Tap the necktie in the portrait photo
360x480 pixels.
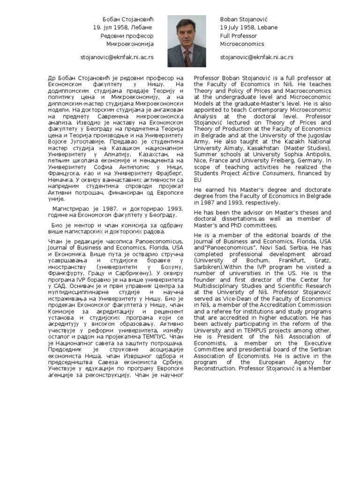(x=187, y=58)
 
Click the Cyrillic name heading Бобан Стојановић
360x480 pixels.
(x=128, y=19)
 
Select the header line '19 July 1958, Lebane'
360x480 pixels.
(x=248, y=28)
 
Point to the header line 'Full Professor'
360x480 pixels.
(x=238, y=36)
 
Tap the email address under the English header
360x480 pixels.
(x=256, y=57)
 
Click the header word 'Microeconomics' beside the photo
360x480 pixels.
(x=242, y=44)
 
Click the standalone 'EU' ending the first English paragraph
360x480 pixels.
(x=198, y=180)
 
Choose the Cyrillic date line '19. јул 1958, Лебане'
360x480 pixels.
(x=123, y=28)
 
